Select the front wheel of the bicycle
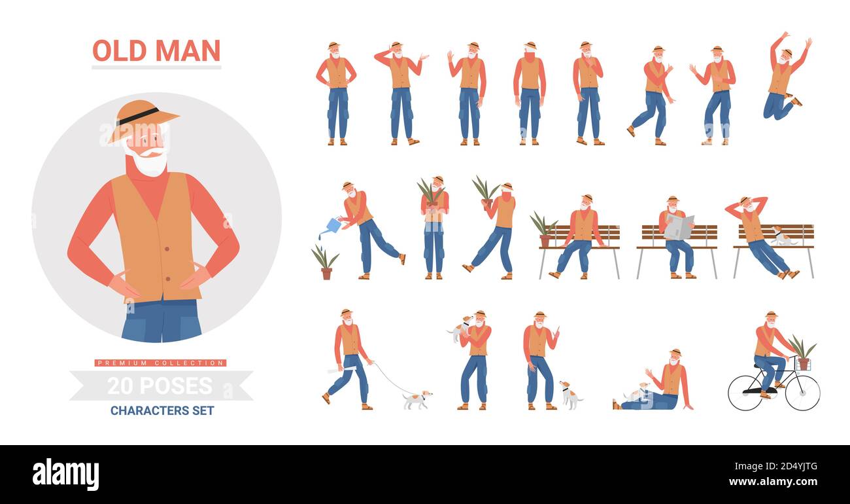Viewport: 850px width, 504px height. [802, 392]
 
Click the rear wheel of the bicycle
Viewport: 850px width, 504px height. [745, 392]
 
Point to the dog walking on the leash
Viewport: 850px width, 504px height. [416, 399]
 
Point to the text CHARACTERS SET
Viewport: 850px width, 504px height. [162, 411]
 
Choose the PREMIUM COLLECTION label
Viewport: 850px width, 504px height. [160, 363]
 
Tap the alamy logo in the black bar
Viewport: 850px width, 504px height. [66, 474]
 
